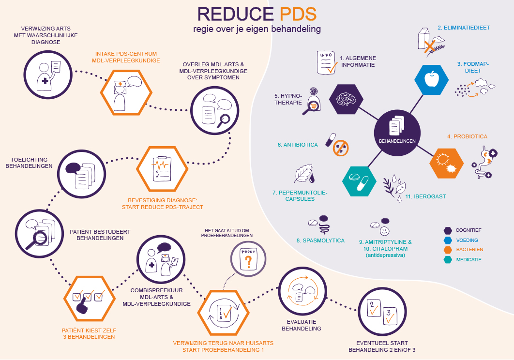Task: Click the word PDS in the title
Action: point(298,14)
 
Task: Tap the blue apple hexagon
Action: point(431,80)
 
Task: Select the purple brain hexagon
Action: point(346,99)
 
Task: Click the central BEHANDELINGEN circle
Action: point(397,133)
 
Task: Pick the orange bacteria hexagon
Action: point(446,163)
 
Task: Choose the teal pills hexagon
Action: point(359,181)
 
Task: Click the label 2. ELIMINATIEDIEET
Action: point(464,28)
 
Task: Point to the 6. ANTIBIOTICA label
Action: point(298,145)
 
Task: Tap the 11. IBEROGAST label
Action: point(425,196)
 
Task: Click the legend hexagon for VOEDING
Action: point(448,240)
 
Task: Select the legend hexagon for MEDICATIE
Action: point(448,260)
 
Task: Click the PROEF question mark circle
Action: point(248,259)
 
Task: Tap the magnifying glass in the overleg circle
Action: point(224,121)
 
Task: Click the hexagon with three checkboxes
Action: point(89,299)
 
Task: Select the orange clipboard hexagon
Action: point(162,169)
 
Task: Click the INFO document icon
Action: point(327,62)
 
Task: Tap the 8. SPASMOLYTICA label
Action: point(320,240)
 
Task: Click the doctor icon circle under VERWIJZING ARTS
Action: point(48,75)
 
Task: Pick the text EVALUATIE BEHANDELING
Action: point(301,325)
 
